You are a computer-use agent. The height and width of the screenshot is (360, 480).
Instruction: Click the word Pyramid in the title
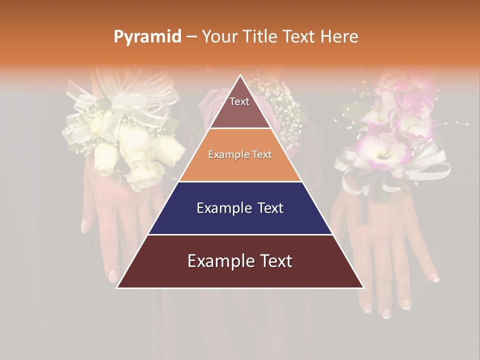[147, 37]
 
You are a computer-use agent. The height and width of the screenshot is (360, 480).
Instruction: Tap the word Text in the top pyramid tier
[239, 101]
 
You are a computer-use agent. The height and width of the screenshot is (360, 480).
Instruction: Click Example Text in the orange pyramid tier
[240, 154]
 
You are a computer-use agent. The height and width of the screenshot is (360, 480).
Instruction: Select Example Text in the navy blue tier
[240, 208]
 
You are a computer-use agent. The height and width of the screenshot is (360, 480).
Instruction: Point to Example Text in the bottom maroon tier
[240, 261]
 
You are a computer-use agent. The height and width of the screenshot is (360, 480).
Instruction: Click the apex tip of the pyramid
[240, 75]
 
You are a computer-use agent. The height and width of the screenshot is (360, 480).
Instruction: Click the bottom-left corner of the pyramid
[117, 287]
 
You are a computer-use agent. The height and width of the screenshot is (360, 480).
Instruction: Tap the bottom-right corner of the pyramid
[363, 287]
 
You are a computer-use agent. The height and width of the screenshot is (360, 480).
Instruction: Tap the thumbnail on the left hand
[84, 225]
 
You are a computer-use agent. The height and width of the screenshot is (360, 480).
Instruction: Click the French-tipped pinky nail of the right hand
[435, 278]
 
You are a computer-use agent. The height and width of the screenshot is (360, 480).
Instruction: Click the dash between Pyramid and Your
[191, 37]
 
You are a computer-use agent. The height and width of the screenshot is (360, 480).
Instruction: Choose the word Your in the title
[218, 36]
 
